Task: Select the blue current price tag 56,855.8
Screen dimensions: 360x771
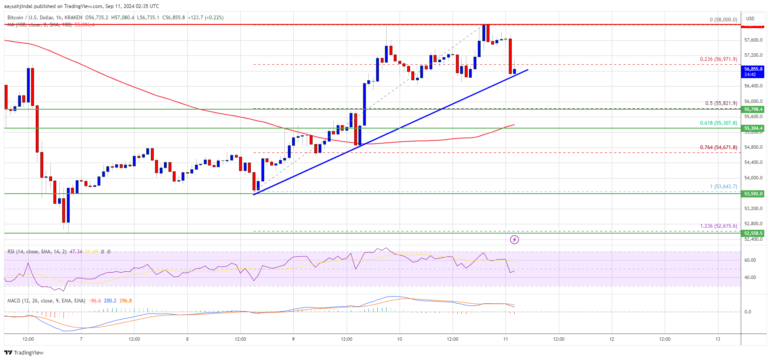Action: click(753, 71)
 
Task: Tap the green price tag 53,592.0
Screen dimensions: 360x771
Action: click(753, 194)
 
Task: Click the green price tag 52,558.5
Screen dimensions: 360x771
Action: click(753, 233)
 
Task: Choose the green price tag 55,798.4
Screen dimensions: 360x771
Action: click(753, 109)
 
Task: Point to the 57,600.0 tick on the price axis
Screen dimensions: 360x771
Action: click(753, 40)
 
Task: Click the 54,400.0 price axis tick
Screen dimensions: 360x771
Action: click(753, 163)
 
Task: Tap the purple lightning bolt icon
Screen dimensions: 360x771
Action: click(514, 239)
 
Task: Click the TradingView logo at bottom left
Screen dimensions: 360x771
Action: click(24, 352)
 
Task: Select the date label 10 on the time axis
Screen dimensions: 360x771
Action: click(399, 339)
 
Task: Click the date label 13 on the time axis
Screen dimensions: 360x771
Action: click(718, 339)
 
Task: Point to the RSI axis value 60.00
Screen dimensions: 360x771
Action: click(750, 260)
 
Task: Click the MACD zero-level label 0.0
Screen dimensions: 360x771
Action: click(747, 312)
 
